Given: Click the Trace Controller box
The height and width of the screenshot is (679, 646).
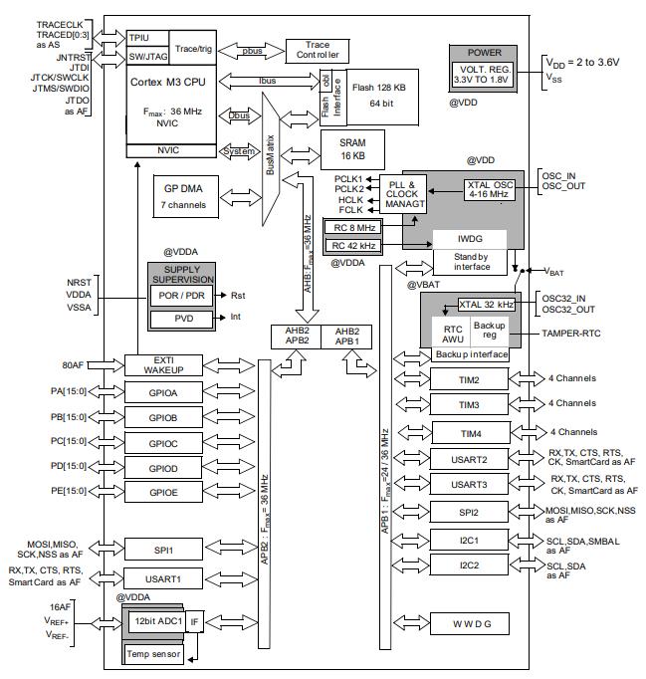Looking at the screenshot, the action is (x=318, y=51).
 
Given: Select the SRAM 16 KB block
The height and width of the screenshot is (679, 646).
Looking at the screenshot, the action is (x=352, y=149).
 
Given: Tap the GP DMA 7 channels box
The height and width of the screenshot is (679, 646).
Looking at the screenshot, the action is (x=185, y=196).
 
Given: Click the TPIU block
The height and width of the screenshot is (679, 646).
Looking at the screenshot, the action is (x=147, y=38).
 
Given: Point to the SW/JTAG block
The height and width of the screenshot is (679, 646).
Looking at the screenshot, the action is (x=147, y=57).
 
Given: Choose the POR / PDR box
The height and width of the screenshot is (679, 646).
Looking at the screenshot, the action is (x=181, y=296).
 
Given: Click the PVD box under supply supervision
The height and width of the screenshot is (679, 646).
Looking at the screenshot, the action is (x=181, y=319).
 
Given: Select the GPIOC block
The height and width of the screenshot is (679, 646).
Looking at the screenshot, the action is (x=163, y=443).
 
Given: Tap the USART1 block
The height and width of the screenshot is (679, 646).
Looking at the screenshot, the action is (x=163, y=578).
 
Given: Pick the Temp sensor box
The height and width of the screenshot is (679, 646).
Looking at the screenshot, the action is (x=153, y=653).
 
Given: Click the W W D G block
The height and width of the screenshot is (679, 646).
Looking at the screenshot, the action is (x=470, y=623).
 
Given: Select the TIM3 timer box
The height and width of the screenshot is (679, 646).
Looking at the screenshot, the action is (x=469, y=405).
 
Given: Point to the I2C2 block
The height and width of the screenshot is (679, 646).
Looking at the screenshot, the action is (x=469, y=565).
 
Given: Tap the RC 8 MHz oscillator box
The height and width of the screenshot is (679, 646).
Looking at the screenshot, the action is (x=353, y=228).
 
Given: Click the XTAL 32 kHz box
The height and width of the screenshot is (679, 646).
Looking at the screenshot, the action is (x=487, y=305).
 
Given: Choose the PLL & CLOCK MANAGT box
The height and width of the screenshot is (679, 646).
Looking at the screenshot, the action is (x=403, y=194).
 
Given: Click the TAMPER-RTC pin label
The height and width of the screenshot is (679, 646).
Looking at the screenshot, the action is (x=571, y=334).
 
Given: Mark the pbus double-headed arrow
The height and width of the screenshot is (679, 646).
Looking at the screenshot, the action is (x=251, y=51).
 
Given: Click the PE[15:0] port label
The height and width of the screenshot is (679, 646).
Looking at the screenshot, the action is (x=69, y=491).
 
